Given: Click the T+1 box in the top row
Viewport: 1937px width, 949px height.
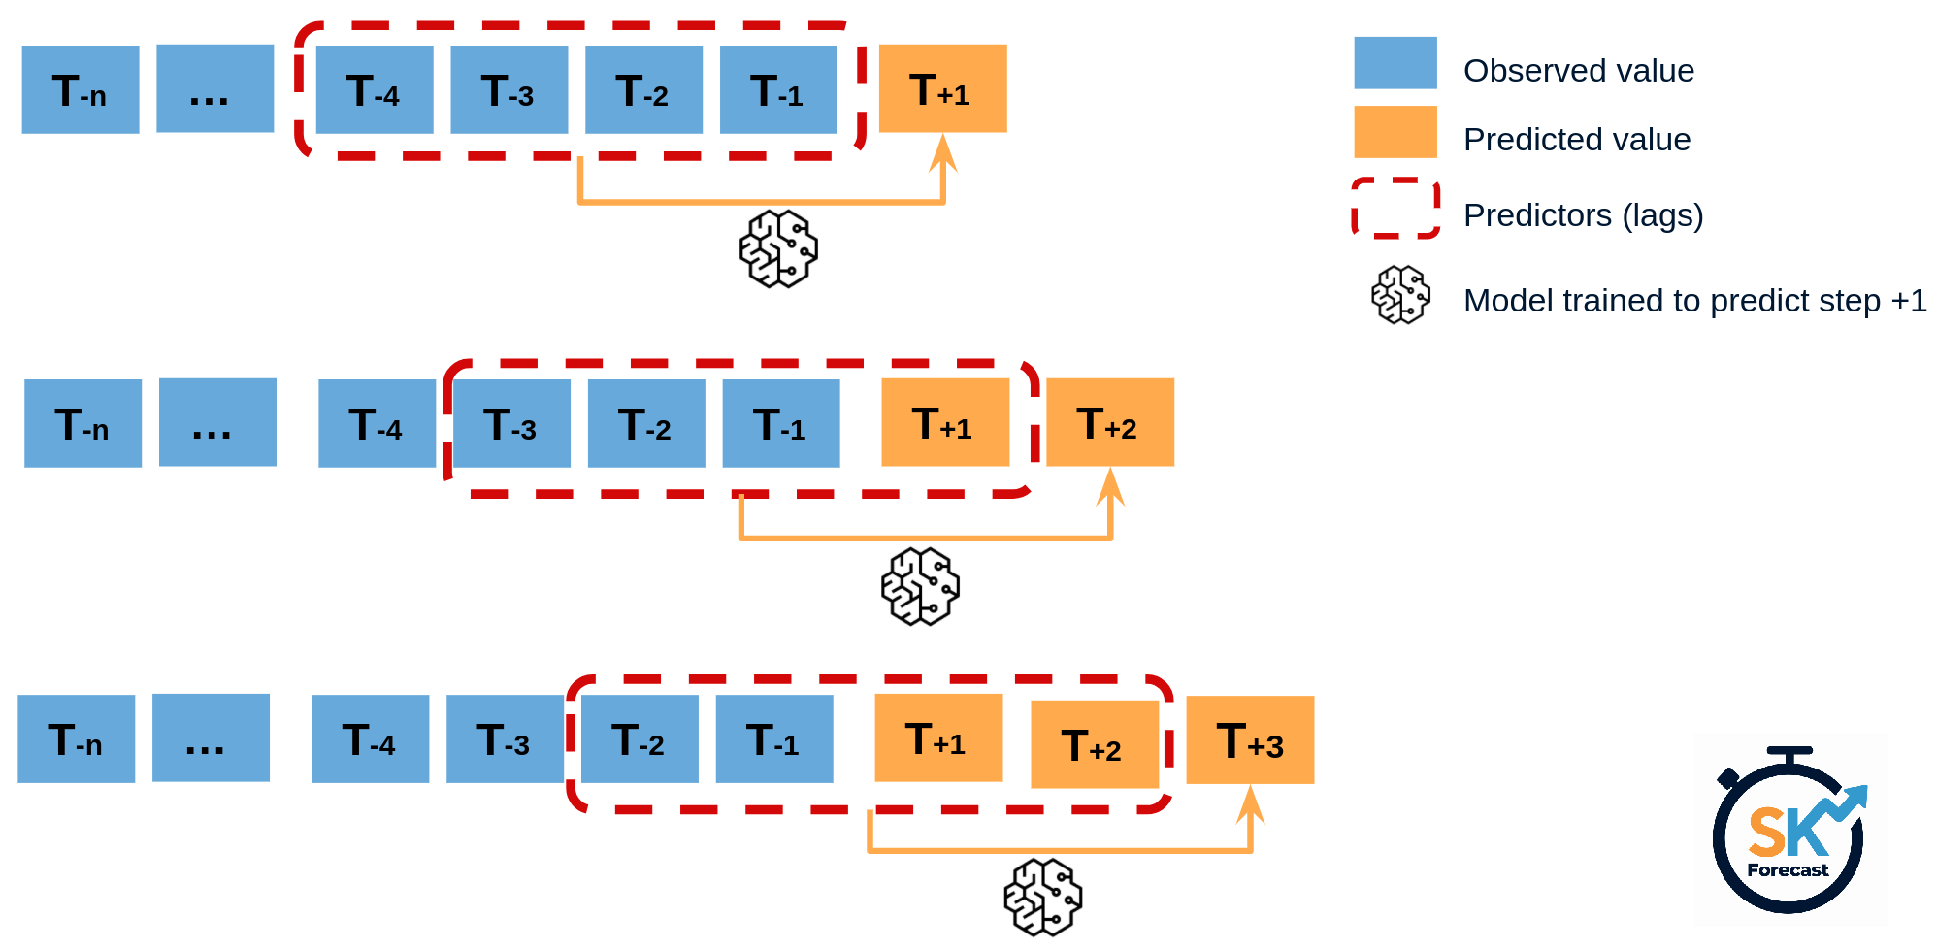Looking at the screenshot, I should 942,88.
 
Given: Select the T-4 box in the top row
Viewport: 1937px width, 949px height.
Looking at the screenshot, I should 375,89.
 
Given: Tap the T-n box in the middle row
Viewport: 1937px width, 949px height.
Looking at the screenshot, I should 82,423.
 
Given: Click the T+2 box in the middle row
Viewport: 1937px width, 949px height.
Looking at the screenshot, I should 1109,422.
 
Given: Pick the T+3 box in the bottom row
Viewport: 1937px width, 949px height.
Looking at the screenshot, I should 1250,739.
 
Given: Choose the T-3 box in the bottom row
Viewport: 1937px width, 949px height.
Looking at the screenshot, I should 505,738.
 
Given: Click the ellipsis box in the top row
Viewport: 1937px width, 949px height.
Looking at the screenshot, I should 214,88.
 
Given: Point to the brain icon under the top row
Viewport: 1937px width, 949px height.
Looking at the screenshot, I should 778,248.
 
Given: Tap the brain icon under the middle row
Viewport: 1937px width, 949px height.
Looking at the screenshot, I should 920,586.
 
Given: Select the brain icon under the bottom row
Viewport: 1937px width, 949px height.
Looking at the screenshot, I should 1043,897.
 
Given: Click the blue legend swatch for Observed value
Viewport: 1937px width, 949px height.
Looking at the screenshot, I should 1395,63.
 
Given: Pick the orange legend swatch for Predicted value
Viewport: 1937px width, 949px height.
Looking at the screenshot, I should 1395,132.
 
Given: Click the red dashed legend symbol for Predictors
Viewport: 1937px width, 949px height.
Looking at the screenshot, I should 1395,208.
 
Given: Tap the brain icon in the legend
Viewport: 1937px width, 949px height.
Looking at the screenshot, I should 1400,295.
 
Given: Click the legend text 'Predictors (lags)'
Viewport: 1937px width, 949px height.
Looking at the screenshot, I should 1583,215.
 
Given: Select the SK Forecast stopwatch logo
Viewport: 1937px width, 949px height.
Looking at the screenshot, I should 1789,831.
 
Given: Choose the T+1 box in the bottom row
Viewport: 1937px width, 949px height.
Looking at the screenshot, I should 938,737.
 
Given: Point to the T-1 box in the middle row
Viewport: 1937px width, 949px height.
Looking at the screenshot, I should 780,423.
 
